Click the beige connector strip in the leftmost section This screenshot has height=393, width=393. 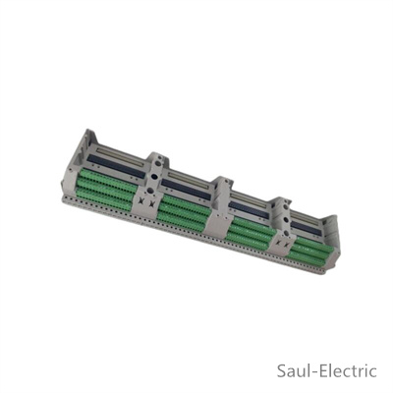[121, 154]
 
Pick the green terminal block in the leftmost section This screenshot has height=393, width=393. [106, 189]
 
